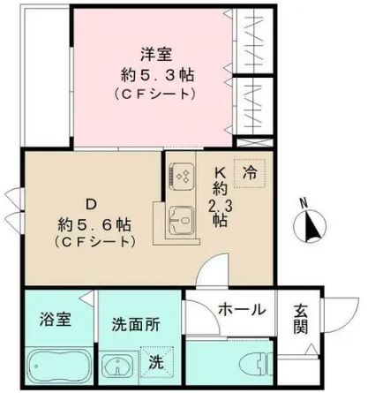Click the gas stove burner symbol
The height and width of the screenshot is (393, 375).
pyautogui.click(x=184, y=177)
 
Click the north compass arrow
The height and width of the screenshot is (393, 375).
pyautogui.click(x=311, y=231)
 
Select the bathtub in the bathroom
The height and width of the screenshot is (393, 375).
pyautogui.click(x=55, y=366)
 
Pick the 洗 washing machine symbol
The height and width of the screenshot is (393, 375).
pyautogui.click(x=155, y=362)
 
